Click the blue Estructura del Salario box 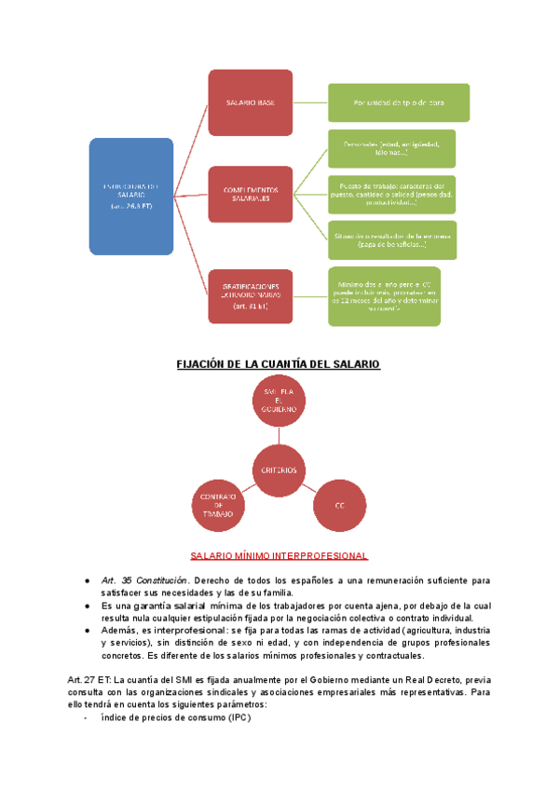(x=130, y=197)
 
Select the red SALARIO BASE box (x=250, y=102)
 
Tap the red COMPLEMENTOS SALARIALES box (x=250, y=195)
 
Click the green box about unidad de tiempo (x=398, y=102)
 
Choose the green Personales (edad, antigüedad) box (x=391, y=148)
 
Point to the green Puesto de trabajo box (x=391, y=194)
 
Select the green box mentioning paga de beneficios (x=391, y=240)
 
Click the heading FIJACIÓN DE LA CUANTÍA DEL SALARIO (x=279, y=364)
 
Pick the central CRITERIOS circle (x=279, y=470)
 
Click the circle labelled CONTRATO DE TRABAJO (x=220, y=504)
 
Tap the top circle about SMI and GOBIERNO (x=279, y=402)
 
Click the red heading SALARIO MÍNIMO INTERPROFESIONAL (x=279, y=556)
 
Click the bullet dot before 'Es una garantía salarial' (x=87, y=606)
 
